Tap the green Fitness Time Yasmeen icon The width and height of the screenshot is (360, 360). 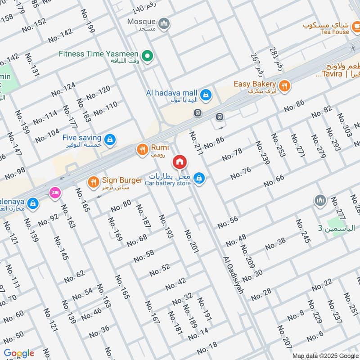[x=146, y=56]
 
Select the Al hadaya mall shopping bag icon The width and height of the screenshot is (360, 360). [x=206, y=94]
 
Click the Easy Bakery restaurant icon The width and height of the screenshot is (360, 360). [x=284, y=85]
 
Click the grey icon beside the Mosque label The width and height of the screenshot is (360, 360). [x=164, y=22]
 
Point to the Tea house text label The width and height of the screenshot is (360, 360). [x=335, y=31]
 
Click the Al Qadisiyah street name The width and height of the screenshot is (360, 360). [x=233, y=275]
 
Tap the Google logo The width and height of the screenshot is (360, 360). [x=19, y=353]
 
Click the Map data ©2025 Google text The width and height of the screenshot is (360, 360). [x=325, y=355]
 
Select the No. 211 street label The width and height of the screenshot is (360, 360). [x=196, y=144]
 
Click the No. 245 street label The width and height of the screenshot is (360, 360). [x=303, y=231]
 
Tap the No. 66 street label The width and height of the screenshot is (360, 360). [x=274, y=181]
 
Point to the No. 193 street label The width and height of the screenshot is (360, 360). [x=166, y=226]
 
